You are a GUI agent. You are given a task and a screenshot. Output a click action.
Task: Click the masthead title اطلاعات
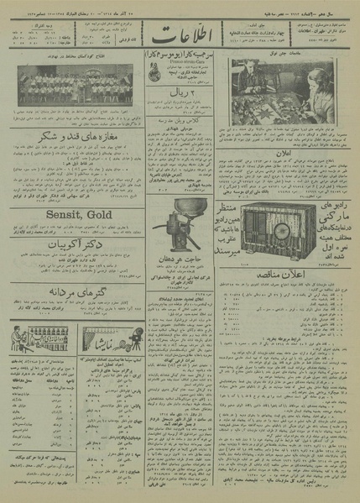click(179, 42)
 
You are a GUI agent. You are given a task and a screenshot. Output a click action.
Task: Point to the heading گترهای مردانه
click(75, 291)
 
